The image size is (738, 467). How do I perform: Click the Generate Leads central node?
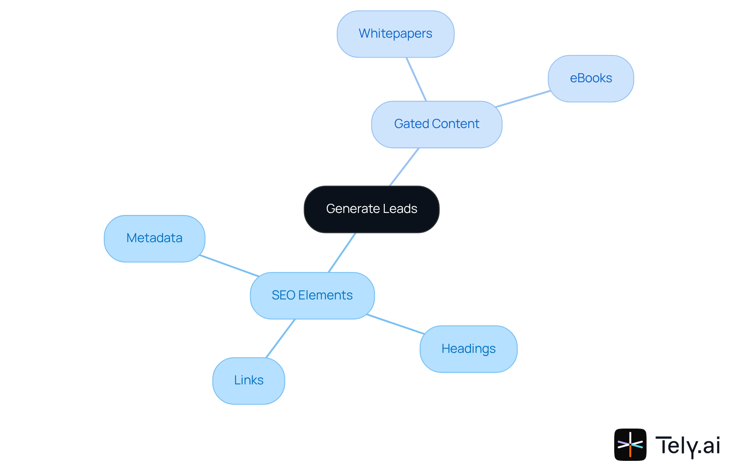[x=371, y=209]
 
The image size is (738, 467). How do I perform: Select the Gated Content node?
[x=437, y=124]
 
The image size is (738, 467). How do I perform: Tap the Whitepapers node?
[x=395, y=34]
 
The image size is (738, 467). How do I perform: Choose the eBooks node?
[x=590, y=78]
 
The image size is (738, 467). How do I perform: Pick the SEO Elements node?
[x=312, y=295]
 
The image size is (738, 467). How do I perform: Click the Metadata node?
[x=154, y=238]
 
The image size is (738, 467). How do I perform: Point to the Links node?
[x=248, y=381]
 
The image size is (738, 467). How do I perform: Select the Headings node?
[x=468, y=349]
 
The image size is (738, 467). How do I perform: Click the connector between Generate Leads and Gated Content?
[x=404, y=167]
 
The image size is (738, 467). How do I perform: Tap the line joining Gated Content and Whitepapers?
[x=416, y=79]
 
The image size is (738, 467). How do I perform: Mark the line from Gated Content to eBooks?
[x=523, y=99]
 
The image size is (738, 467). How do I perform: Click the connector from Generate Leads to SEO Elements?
[x=342, y=253]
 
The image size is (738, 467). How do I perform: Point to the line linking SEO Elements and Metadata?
[x=229, y=266]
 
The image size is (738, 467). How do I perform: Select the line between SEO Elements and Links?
[x=280, y=339]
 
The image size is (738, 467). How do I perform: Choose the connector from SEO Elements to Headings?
[x=395, y=324]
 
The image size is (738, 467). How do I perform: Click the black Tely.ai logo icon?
[x=630, y=444]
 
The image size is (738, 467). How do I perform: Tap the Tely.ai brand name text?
[x=687, y=445]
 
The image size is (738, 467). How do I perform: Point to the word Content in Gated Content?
[x=455, y=124]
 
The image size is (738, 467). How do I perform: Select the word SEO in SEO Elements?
[x=283, y=295]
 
